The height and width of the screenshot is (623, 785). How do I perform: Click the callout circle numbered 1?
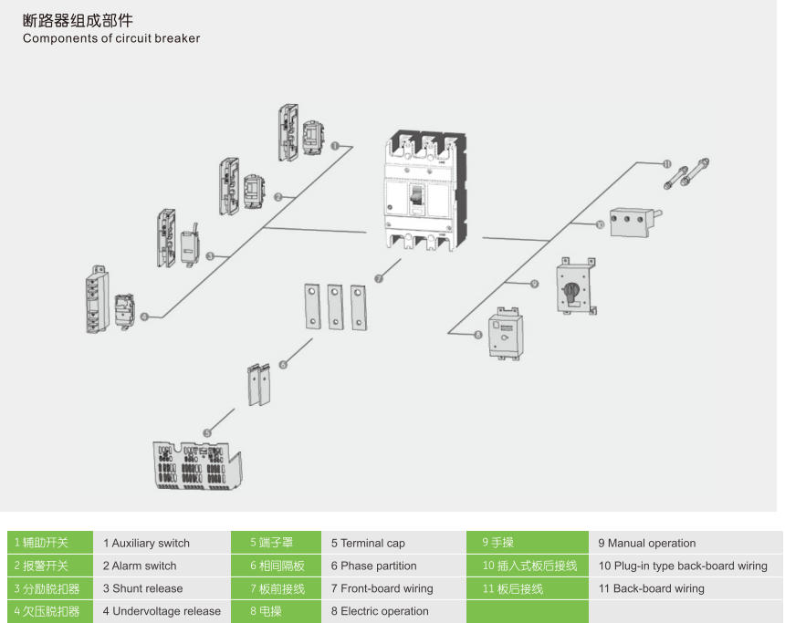[335, 146]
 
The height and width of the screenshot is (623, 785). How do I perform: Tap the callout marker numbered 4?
[145, 317]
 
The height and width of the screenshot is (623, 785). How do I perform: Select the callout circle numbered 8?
[478, 335]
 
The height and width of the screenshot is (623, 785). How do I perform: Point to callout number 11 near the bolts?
[667, 163]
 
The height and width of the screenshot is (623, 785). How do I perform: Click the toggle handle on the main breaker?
[416, 195]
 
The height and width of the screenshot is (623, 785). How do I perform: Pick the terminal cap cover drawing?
[197, 465]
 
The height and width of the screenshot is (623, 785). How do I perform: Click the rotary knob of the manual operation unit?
[570, 291]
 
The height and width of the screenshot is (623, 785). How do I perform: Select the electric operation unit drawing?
[507, 333]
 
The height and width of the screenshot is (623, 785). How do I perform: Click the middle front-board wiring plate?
[335, 306]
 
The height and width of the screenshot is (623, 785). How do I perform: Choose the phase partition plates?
[259, 384]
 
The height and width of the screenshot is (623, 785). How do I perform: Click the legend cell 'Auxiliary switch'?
[146, 543]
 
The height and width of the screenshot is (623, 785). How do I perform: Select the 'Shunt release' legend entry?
[142, 588]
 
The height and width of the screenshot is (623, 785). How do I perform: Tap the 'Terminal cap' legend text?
[368, 543]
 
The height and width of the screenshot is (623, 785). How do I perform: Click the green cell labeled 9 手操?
[528, 543]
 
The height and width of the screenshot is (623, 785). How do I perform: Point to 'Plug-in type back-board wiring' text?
[683, 566]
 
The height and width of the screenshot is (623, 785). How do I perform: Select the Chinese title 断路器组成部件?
[78, 20]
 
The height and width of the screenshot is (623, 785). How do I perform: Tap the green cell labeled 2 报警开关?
[50, 566]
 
